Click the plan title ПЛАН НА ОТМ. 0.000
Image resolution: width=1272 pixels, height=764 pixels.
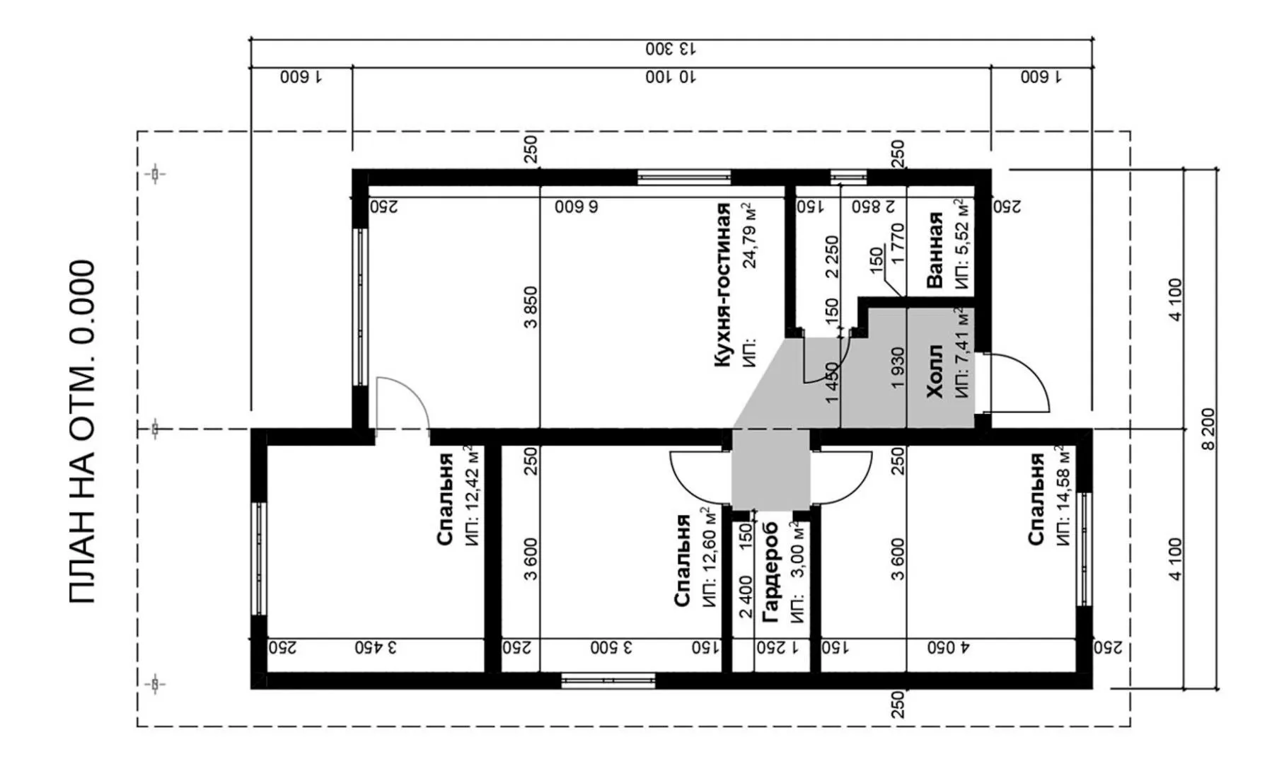point(83,432)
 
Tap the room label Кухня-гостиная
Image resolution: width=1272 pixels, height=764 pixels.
point(722,285)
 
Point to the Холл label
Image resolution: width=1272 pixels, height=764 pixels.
point(935,371)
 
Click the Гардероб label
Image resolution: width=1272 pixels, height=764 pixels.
point(770,572)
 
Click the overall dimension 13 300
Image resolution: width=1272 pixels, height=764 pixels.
point(671,50)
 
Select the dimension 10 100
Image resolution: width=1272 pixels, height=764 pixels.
point(671,77)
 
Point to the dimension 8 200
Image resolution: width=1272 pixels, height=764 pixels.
point(1207,429)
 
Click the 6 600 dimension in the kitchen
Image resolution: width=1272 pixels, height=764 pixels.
point(576,207)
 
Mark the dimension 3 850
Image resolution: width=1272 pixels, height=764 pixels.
point(531,307)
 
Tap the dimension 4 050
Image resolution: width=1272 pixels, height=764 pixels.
point(949,647)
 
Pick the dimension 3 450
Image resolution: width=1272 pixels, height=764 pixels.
point(376,647)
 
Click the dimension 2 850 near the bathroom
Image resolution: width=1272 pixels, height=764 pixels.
point(873,207)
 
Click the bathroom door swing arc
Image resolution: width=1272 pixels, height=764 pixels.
point(821,364)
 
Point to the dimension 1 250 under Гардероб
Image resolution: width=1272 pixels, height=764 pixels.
point(776,647)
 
